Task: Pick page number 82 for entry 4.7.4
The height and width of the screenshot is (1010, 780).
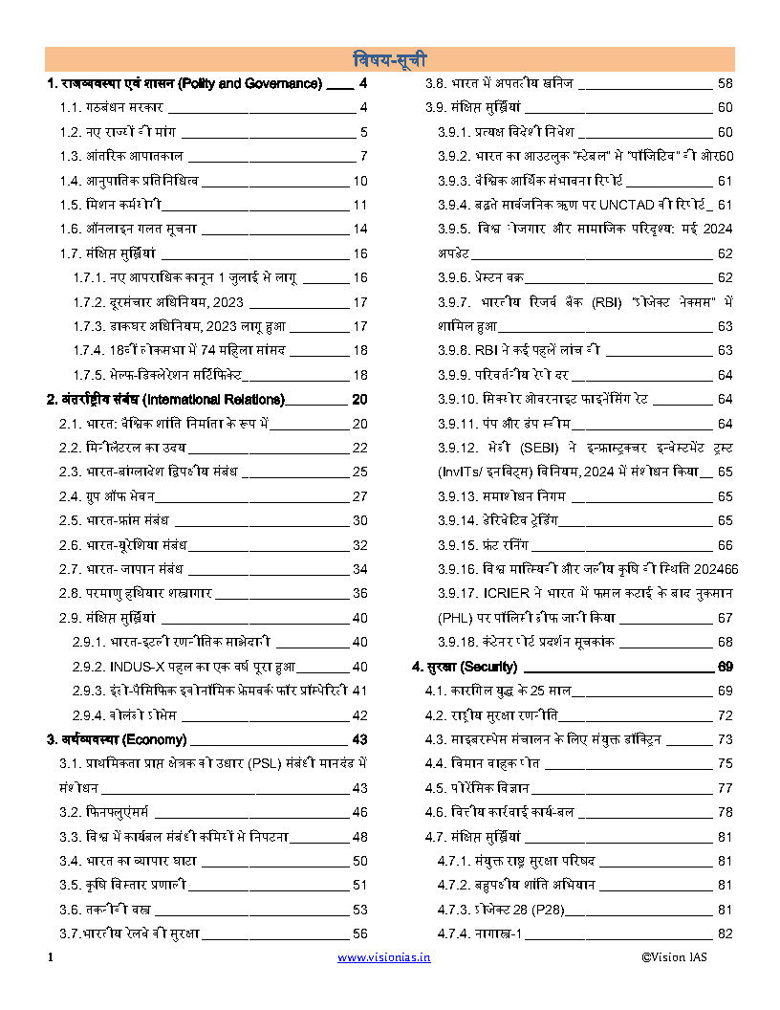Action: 725,933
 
